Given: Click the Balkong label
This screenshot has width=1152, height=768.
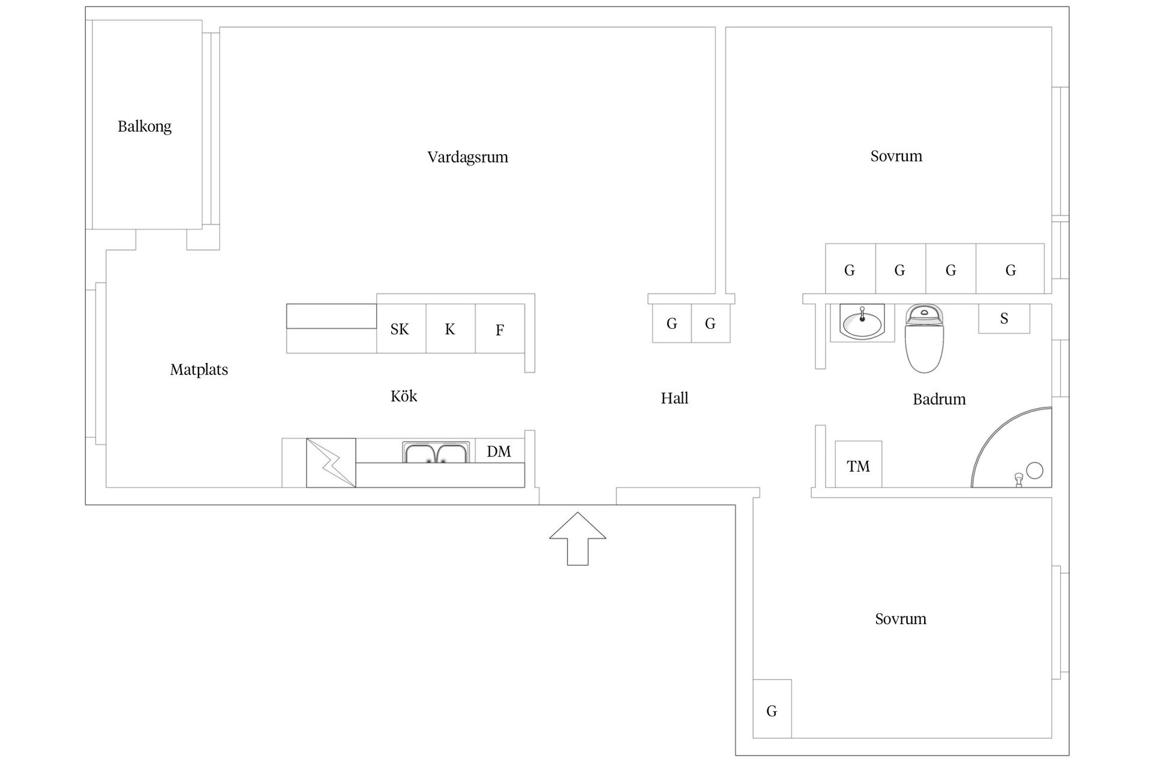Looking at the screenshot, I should point(145,127).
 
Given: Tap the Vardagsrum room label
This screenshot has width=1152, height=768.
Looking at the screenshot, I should point(467,157).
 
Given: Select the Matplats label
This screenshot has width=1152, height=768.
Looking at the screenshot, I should point(199,370).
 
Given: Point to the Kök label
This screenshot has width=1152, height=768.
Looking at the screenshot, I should point(404,396).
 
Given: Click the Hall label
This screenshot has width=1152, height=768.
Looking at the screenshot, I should point(674,398).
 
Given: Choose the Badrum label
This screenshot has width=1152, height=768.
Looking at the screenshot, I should point(939,400).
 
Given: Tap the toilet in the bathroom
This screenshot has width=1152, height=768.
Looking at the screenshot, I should point(924,338).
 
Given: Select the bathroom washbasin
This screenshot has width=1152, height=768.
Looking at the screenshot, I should point(862,322).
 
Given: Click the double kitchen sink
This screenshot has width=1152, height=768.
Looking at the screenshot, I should point(436,453).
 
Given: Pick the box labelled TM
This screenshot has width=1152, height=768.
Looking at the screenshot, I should point(858,465).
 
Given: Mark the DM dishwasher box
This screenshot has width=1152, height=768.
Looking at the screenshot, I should point(499,451).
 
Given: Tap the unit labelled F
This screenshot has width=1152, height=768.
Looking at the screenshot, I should point(500,329).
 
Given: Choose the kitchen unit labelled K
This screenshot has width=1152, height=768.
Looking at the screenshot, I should point(450,329).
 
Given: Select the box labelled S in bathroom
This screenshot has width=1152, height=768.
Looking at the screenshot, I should point(1004,319).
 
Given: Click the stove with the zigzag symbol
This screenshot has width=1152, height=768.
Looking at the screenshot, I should point(331,463).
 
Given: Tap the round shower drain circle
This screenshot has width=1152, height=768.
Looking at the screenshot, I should point(1034,470).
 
